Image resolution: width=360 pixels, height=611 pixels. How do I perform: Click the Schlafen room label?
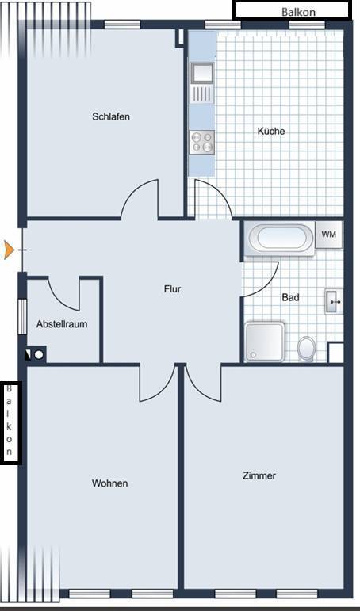111,116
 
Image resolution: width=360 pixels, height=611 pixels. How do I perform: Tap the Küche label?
271,131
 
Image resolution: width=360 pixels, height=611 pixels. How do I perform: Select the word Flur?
172,289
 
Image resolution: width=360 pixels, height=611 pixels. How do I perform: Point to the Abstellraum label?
62,324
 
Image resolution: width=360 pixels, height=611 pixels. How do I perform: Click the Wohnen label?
109,483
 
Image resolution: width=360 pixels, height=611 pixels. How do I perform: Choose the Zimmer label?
259,475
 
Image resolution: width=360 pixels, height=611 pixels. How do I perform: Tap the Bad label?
290,298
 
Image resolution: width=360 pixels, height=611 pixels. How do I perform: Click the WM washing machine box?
328,235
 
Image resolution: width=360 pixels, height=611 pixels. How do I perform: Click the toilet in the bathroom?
307,348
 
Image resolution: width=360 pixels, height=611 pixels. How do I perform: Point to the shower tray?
264,342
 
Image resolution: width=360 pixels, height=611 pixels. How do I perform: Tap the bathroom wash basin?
334,301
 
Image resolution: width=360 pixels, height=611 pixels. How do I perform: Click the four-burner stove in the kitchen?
202,142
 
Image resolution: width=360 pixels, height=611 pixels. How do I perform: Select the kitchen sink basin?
202,72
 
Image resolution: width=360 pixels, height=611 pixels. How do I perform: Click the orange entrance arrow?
9,250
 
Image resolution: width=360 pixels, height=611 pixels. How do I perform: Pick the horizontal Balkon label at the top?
298,12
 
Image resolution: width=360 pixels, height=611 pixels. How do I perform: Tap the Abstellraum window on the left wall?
22,317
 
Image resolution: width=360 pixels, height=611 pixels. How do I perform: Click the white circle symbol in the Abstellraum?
39,354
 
